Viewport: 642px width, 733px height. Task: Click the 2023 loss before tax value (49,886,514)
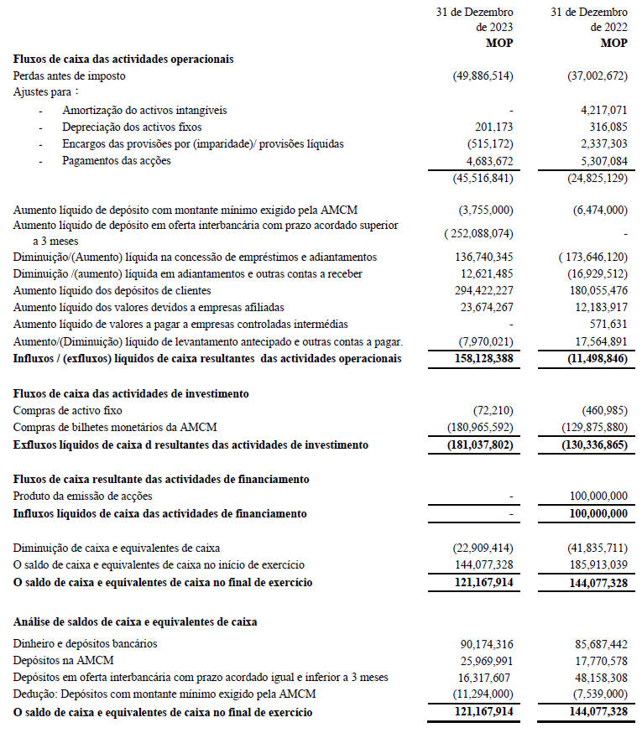(482, 76)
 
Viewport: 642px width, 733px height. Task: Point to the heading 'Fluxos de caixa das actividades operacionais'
(123, 60)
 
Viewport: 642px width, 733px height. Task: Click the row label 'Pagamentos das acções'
(116, 160)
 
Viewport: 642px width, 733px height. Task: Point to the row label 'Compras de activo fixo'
(68, 410)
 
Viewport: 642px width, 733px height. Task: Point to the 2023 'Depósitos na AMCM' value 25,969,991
(482, 660)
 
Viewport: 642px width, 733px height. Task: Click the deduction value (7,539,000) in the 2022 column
(597, 694)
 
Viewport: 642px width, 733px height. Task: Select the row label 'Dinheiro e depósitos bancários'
(86, 643)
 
